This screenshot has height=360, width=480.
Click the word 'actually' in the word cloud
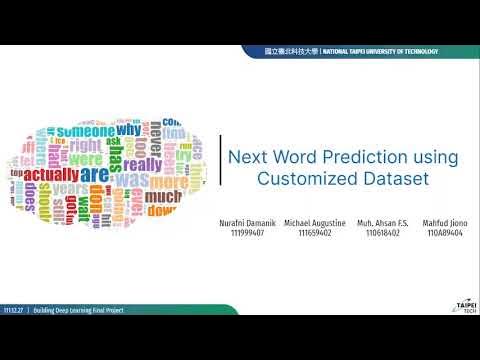tap(52, 176)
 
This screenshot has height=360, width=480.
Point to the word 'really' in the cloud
tap(142, 164)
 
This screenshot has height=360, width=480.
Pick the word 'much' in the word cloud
tap(163, 199)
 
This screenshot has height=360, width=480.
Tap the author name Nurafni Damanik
tap(245, 222)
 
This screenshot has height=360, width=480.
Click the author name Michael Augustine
tap(315, 222)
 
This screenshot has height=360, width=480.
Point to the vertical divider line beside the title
tap(220, 167)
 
